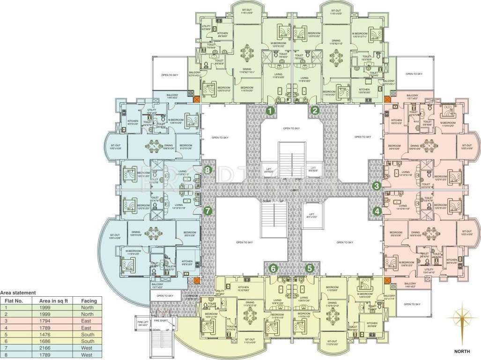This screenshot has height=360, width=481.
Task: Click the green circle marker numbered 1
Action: (x=270, y=111)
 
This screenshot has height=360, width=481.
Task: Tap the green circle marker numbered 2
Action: (x=315, y=111)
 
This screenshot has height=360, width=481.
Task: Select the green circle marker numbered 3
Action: (x=377, y=186)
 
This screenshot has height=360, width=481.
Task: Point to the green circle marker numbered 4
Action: (x=377, y=211)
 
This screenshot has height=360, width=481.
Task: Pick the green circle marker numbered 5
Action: (x=310, y=268)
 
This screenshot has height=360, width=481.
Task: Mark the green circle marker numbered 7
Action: (x=208, y=211)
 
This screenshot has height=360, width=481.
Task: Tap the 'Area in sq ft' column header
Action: (x=54, y=300)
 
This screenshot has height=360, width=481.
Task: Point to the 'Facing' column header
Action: (x=89, y=300)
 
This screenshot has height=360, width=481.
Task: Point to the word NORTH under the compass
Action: (x=462, y=350)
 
